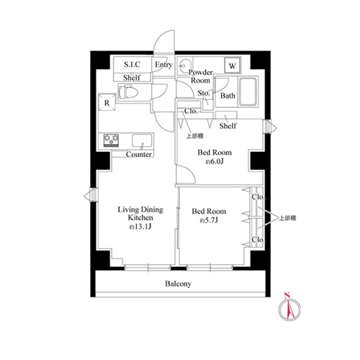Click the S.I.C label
point(132,64)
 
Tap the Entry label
point(163,65)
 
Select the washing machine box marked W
point(233,66)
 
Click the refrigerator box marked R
point(107,102)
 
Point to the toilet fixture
point(128,92)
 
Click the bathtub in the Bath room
point(248,91)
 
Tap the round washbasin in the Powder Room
point(185,66)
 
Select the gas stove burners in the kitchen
point(111,140)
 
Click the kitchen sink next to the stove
point(142,140)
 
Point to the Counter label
point(139,154)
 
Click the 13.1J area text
point(140,227)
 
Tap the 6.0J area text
point(215,161)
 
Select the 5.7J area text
point(209,220)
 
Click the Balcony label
point(178,284)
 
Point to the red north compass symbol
point(289,307)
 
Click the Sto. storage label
point(204,93)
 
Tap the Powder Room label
point(200,76)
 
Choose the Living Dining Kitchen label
point(140,213)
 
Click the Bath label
point(228,96)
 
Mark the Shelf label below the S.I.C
point(132,78)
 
